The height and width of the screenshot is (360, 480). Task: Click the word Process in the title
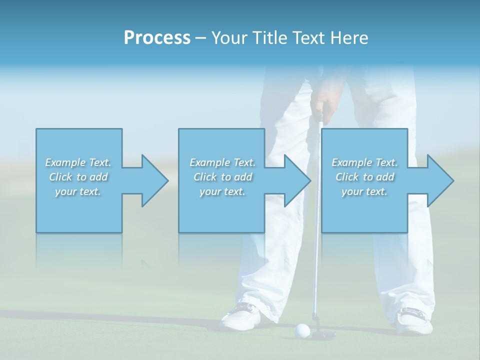[x=157, y=38]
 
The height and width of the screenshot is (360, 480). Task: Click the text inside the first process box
[x=78, y=177]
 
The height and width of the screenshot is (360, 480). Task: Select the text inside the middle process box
[x=222, y=177]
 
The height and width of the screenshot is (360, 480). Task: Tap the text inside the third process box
[x=364, y=177]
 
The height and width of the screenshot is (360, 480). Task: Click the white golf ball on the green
[x=302, y=329]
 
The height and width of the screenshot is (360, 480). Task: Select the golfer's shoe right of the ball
[x=414, y=320]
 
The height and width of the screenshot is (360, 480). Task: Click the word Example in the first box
[x=65, y=162]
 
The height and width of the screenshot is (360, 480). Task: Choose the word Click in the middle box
[x=204, y=177]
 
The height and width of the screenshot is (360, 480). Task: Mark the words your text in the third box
[x=364, y=191]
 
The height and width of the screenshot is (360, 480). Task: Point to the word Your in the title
[x=227, y=38]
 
